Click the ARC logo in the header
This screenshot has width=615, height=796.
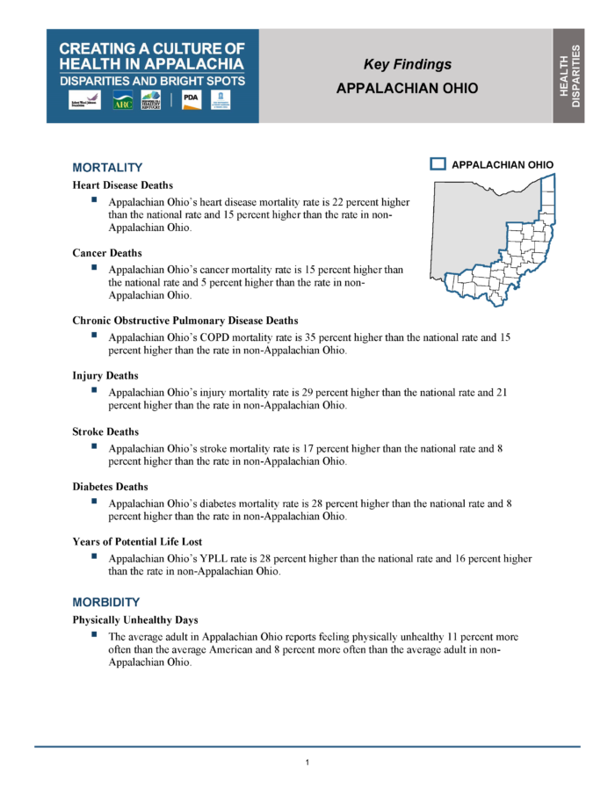(x=122, y=101)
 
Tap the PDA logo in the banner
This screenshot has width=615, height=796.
(x=191, y=100)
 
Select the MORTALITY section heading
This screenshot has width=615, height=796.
(x=107, y=167)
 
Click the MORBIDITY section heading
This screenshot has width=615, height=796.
(x=105, y=602)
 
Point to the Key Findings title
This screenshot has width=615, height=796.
(x=408, y=64)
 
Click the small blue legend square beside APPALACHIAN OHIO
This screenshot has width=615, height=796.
(x=438, y=164)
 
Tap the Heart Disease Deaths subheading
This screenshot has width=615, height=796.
(x=122, y=185)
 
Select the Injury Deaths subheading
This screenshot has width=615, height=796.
(x=105, y=375)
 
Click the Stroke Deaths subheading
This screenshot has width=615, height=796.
(x=105, y=431)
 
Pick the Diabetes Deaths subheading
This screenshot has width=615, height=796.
(x=110, y=487)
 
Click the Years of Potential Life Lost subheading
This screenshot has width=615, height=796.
(x=137, y=542)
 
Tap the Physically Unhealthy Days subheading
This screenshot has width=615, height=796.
(x=135, y=619)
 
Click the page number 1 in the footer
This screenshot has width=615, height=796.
(x=307, y=762)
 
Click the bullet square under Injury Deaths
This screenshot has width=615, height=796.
(x=93, y=391)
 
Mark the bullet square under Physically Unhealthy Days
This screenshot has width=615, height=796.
(x=93, y=633)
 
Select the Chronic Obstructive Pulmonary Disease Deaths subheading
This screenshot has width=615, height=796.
(x=184, y=321)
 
